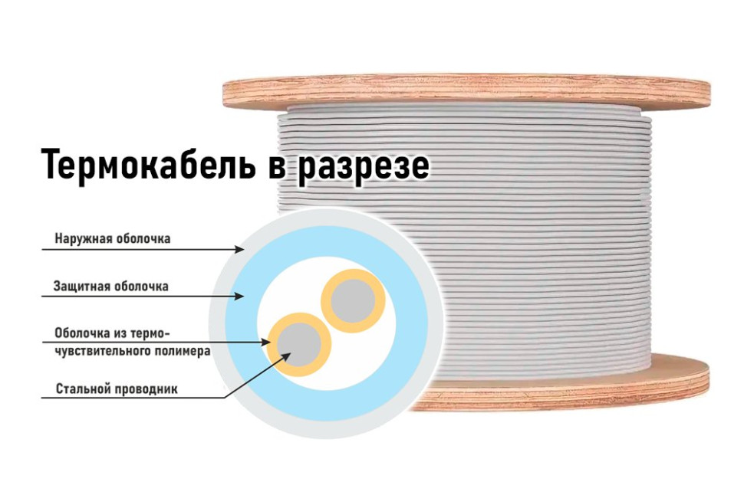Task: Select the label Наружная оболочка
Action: coord(113,238)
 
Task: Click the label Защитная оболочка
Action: coord(111,287)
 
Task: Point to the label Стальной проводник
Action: coord(117,389)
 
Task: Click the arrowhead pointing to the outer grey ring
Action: coord(240,249)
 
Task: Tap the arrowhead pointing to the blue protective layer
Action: coord(239,297)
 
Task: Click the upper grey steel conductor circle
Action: coord(353,301)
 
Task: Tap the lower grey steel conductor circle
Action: coord(299,345)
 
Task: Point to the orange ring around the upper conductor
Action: coord(353,301)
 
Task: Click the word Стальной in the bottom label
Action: coord(79,389)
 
